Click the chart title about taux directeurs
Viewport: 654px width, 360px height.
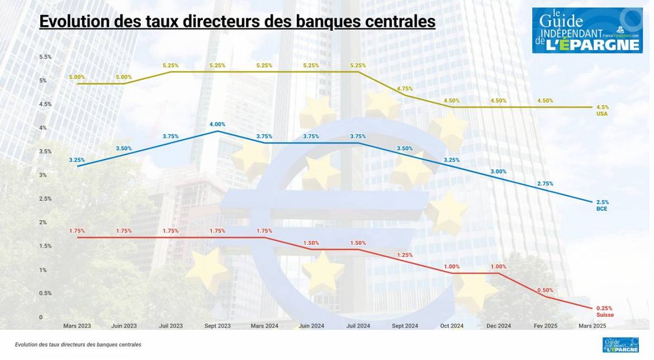pos(237,22)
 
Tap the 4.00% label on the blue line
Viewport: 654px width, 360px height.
pos(217,124)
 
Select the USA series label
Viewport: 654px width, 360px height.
pos(602,113)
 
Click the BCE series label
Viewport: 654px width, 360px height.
pos(601,209)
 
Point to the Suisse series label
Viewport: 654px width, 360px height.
pos(605,315)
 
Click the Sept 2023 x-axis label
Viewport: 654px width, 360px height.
pos(217,325)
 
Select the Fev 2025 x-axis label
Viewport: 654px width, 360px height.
pos(546,325)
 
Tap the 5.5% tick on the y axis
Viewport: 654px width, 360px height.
pos(45,57)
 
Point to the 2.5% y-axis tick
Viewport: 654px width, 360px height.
pos(45,198)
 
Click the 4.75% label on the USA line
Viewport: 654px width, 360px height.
pos(405,89)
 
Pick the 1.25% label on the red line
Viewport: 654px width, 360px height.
pos(405,255)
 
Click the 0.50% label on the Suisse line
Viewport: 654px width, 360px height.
pos(546,290)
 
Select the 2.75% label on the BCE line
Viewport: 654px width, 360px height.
pos(546,183)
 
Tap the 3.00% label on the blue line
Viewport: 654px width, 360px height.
pos(499,172)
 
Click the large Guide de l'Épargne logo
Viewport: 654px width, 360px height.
pos(587,30)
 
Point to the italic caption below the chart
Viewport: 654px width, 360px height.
pos(78,345)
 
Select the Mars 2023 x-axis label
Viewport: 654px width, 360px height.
pos(77,325)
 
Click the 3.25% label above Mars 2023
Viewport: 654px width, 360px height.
pos(77,160)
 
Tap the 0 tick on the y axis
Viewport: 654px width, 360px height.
pos(41,317)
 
